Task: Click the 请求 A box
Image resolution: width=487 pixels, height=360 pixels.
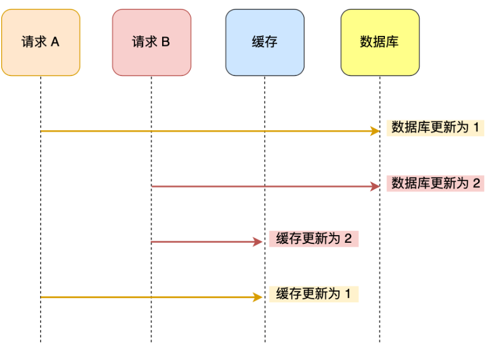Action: pos(41,42)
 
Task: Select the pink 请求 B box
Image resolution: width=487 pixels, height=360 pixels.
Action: pos(152,42)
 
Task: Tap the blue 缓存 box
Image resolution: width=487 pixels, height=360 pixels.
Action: pos(265,42)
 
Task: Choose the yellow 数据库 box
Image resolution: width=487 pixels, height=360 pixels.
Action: pos(380,42)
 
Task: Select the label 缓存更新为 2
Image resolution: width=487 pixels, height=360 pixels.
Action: pos(314,239)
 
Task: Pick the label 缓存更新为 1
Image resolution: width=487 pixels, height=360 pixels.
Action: pos(314,293)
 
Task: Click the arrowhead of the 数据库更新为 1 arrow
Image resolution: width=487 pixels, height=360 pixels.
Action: pos(376,131)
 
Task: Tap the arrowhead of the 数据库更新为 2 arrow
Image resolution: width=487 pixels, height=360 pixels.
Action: pos(376,187)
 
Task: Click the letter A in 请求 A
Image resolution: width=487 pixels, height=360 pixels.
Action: pos(55,42)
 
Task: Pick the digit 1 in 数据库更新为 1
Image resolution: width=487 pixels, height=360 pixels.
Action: pos(476,127)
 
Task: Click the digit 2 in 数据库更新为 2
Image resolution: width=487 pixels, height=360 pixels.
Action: pos(476,183)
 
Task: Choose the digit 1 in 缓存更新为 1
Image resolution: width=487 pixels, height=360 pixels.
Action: pos(348,293)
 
